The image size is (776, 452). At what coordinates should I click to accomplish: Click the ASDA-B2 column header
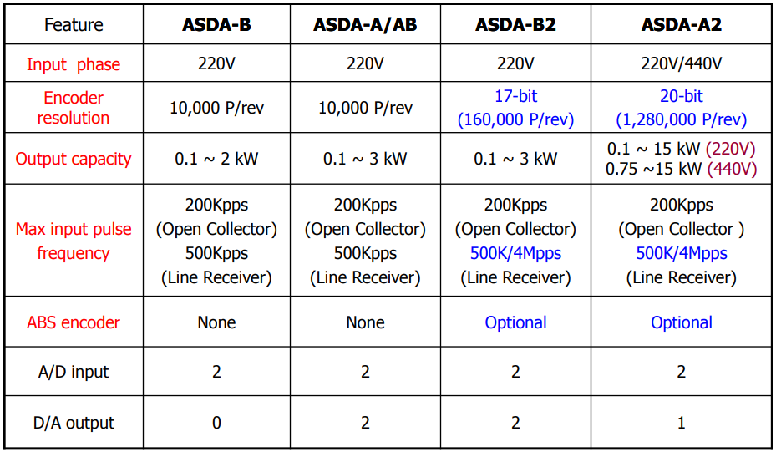[515, 24]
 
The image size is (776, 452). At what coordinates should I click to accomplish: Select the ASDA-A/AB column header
[365, 24]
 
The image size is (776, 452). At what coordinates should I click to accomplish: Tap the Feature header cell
[74, 24]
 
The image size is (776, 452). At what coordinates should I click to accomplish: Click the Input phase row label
[74, 63]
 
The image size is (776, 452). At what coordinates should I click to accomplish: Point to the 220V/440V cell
[681, 63]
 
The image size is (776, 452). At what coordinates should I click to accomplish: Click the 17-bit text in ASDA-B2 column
[515, 95]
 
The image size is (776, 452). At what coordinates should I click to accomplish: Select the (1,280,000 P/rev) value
[681, 119]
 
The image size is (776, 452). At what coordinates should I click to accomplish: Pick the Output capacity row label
[74, 159]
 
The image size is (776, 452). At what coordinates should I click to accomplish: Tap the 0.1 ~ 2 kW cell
[216, 159]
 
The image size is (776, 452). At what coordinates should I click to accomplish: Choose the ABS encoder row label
[74, 322]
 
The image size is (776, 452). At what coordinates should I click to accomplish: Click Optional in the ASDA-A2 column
[681, 322]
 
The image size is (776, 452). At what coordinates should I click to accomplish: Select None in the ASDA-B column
[216, 322]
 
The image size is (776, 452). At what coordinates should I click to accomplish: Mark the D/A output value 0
[216, 422]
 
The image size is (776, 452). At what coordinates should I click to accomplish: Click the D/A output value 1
[681, 422]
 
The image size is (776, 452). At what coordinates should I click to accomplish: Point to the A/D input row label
[74, 372]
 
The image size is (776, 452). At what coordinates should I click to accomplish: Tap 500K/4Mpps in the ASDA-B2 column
[515, 253]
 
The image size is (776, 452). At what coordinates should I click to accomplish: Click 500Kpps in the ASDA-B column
[216, 253]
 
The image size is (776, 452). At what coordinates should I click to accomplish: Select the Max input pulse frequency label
[74, 241]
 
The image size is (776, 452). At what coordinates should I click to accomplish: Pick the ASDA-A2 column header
[681, 24]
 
